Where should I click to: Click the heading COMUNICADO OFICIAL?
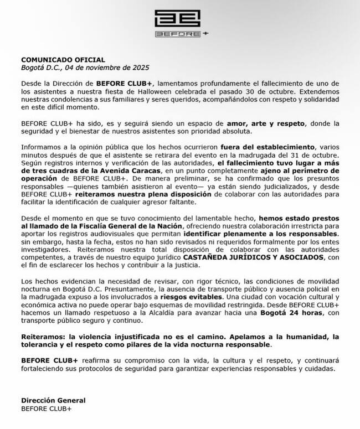coord(63,60)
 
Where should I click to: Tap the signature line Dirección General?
coord(53,400)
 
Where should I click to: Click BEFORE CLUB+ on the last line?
coord(47,409)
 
